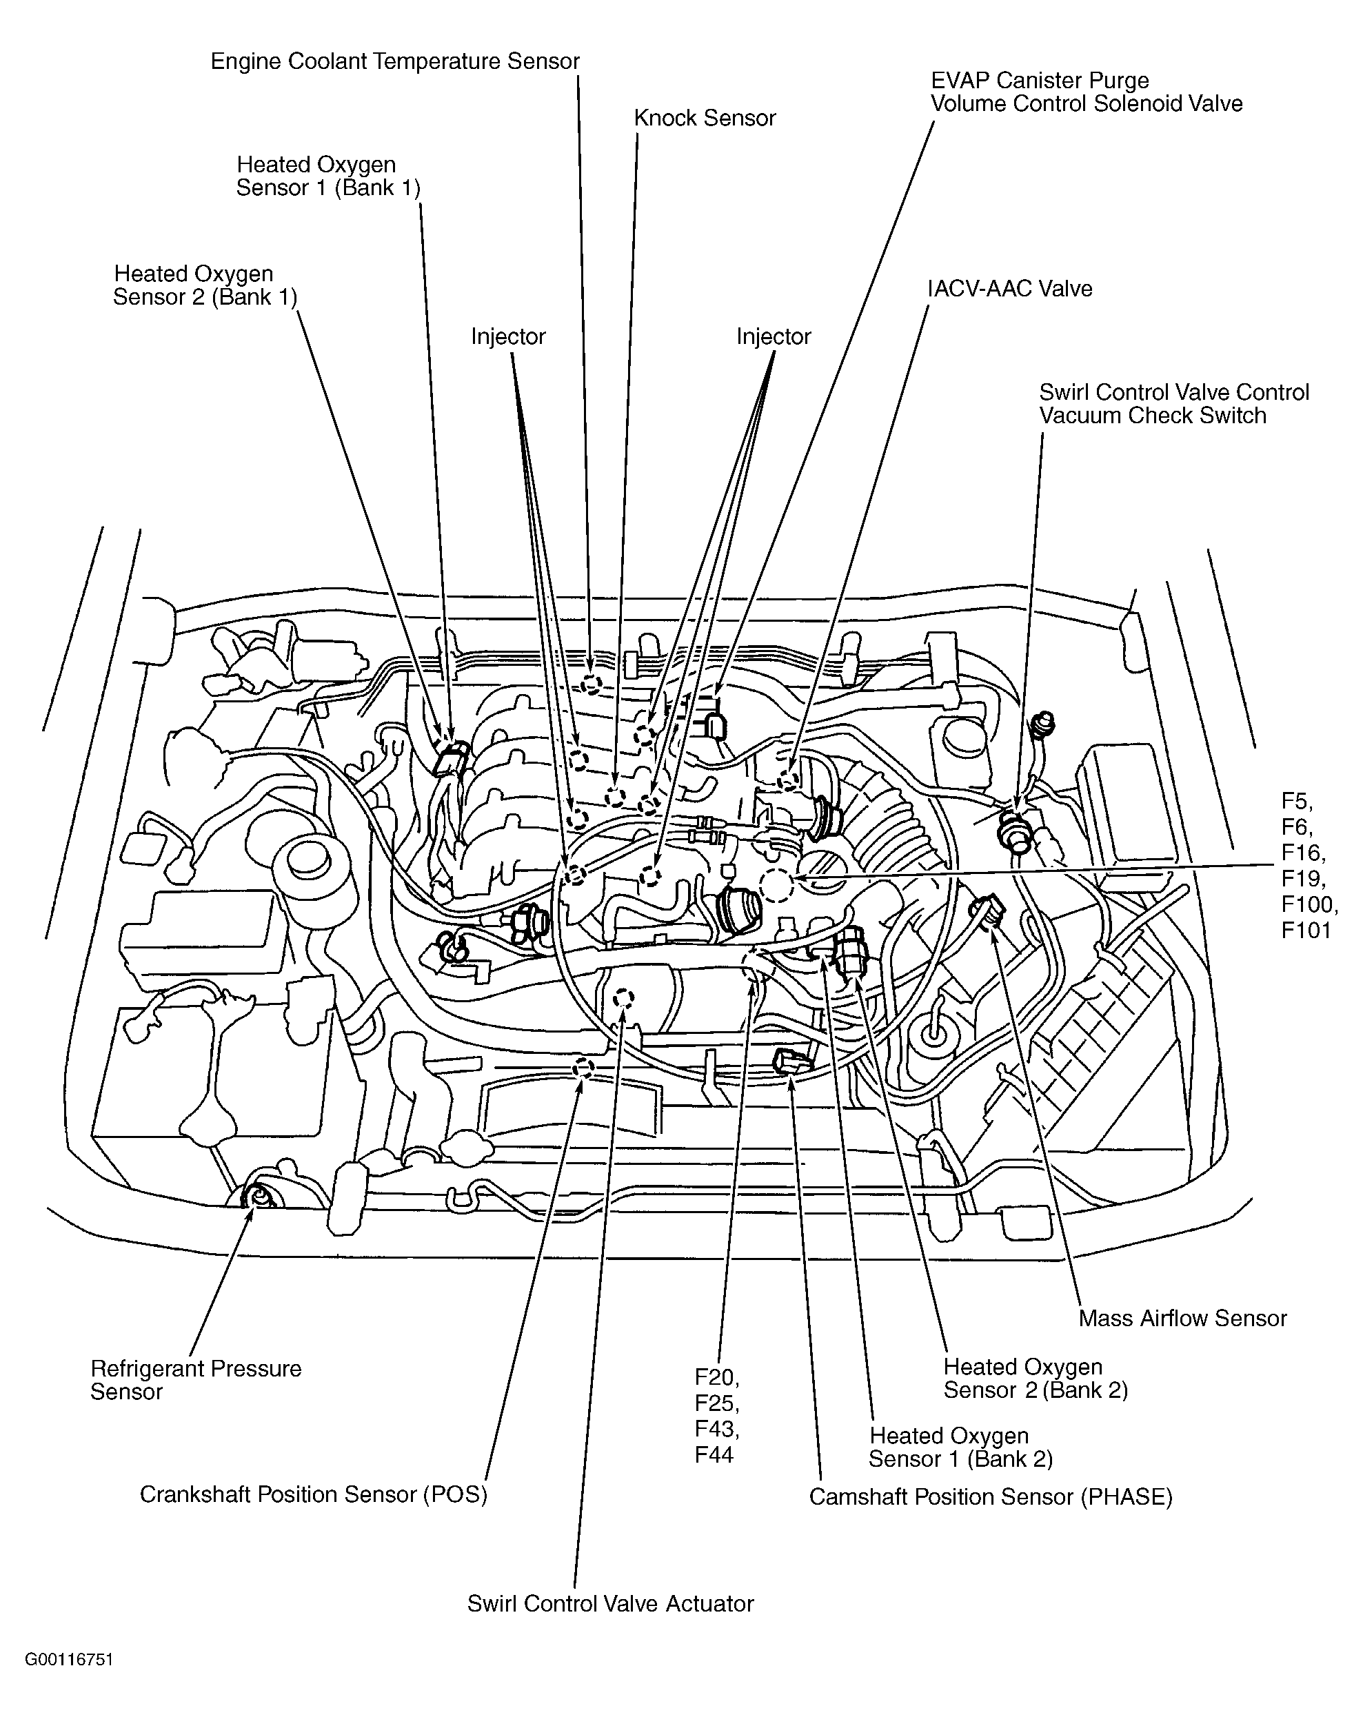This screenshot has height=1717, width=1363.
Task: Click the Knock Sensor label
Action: [704, 118]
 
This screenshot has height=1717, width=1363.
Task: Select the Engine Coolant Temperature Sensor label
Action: [395, 61]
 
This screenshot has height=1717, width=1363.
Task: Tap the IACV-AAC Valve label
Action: [1009, 288]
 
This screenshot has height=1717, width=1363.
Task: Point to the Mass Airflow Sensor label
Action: [1182, 1318]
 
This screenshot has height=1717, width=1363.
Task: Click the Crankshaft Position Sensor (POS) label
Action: [314, 1494]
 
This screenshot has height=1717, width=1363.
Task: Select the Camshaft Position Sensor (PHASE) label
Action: [991, 1496]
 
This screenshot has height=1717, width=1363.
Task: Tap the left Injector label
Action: [508, 337]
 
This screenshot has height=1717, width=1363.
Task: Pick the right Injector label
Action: [774, 337]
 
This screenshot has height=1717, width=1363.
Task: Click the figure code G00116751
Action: [70, 1660]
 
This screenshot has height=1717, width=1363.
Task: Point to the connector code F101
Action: [1306, 929]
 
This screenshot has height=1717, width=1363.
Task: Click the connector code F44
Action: [714, 1454]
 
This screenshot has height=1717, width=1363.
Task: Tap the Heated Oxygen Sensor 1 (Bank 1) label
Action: [328, 176]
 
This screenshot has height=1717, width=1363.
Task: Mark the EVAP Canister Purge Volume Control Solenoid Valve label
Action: [1087, 92]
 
